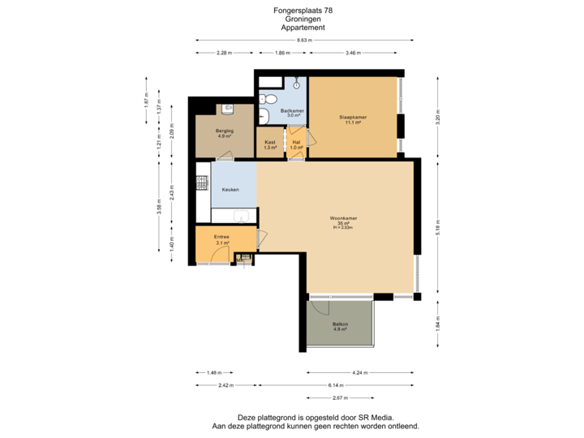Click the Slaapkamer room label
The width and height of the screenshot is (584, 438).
[x=352, y=118]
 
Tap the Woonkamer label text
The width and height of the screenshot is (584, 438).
[x=344, y=218]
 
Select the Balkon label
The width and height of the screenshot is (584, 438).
[x=340, y=324]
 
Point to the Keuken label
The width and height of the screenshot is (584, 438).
[x=230, y=190]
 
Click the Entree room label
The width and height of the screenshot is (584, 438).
[x=221, y=237]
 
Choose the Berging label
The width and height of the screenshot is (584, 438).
[x=225, y=131]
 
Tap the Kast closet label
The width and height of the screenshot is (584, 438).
[x=269, y=142]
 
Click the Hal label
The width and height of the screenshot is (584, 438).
[x=297, y=142]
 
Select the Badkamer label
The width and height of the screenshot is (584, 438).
[x=291, y=111]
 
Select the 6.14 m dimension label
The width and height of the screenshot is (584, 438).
[x=336, y=384]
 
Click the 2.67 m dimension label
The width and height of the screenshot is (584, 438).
[x=341, y=398]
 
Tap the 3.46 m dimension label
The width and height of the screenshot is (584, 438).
[x=352, y=53]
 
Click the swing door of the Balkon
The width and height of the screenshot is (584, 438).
[x=315, y=307]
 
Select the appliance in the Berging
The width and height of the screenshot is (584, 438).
[x=226, y=108]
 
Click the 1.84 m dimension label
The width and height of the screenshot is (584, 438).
[x=438, y=325]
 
